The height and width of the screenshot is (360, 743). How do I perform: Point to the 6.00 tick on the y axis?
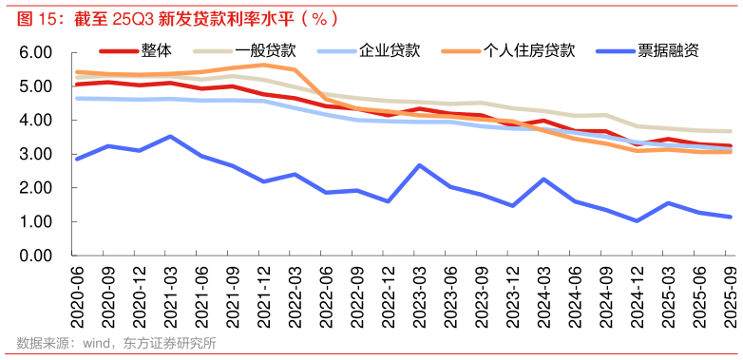pyautogui.click(x=35, y=53)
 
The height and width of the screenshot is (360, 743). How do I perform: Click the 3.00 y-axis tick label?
pyautogui.click(x=35, y=154)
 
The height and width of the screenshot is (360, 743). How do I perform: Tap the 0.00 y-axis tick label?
pyautogui.click(x=35, y=256)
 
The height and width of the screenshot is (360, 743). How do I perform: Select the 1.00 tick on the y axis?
pyautogui.click(x=35, y=221)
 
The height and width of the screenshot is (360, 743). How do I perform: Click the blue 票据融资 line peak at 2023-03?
pyautogui.click(x=419, y=165)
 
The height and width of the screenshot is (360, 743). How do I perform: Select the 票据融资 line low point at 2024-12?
pyautogui.click(x=638, y=220)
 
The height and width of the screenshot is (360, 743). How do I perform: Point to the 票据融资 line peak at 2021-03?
pyautogui.click(x=170, y=137)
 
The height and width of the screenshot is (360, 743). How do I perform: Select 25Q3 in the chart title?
pyautogui.click(x=131, y=17)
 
